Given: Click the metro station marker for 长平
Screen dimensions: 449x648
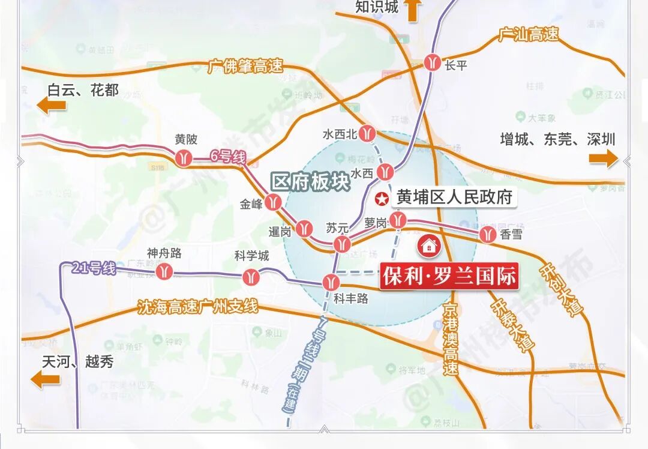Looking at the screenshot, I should [433, 62].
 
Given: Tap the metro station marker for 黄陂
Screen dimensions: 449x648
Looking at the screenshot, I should [184, 157].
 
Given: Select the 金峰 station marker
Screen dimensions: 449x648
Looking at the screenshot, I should [274, 202].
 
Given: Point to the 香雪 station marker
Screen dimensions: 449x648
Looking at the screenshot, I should [487, 235].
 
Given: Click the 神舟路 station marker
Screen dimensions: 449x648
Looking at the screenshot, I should [164, 271].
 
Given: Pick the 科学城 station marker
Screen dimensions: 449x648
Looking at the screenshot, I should [251, 277].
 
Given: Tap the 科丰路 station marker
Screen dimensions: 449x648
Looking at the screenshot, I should [331, 282].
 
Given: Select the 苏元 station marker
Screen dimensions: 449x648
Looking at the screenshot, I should [342, 243].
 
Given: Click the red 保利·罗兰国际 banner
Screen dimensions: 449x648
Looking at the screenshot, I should [448, 277].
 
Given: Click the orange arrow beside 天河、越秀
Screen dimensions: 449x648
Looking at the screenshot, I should [46, 379].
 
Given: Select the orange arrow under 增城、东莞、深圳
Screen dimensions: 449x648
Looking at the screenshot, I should [602, 158].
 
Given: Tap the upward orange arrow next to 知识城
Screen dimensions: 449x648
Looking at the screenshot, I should [413, 10].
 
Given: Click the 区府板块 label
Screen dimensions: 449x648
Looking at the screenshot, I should [311, 182].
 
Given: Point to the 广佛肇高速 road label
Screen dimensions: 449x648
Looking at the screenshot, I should [245, 66].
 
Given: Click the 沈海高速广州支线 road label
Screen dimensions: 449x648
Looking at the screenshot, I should [197, 307].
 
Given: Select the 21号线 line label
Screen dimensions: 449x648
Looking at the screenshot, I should [93, 268].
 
